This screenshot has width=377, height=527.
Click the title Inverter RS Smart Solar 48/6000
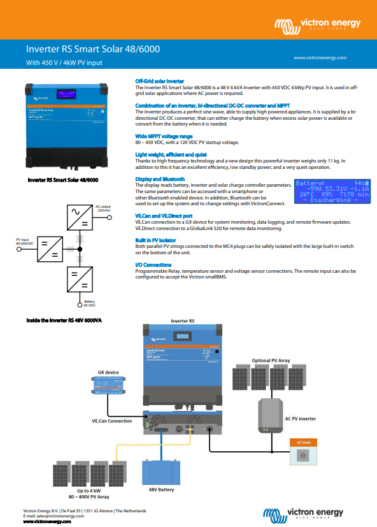(x=92, y=48)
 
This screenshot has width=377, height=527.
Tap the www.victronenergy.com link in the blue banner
(x=320, y=57)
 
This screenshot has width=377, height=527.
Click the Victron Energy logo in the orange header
(x=317, y=25)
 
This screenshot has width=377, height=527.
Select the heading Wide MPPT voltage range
(x=164, y=136)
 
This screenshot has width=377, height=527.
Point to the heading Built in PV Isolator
(x=155, y=240)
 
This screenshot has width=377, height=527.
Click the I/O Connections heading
(x=153, y=264)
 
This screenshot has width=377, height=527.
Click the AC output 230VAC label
(x=103, y=208)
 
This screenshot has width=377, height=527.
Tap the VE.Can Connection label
(x=112, y=421)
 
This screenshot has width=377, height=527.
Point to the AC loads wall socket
(x=303, y=456)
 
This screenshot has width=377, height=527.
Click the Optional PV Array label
(x=271, y=361)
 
